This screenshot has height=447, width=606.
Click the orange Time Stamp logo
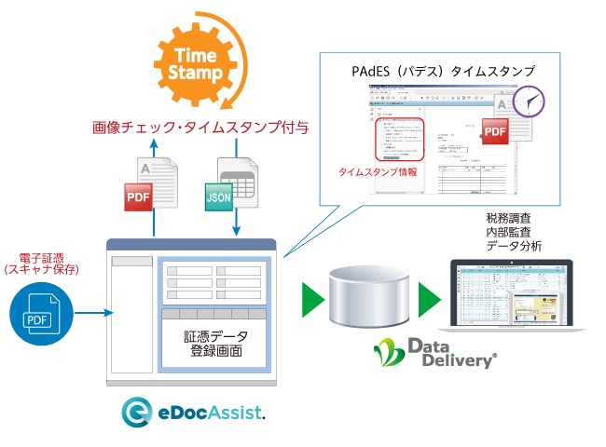click(198, 64)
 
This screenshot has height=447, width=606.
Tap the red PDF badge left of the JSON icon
click(139, 196)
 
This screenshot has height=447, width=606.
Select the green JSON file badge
click(218, 196)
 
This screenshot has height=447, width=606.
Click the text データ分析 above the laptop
click(512, 245)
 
